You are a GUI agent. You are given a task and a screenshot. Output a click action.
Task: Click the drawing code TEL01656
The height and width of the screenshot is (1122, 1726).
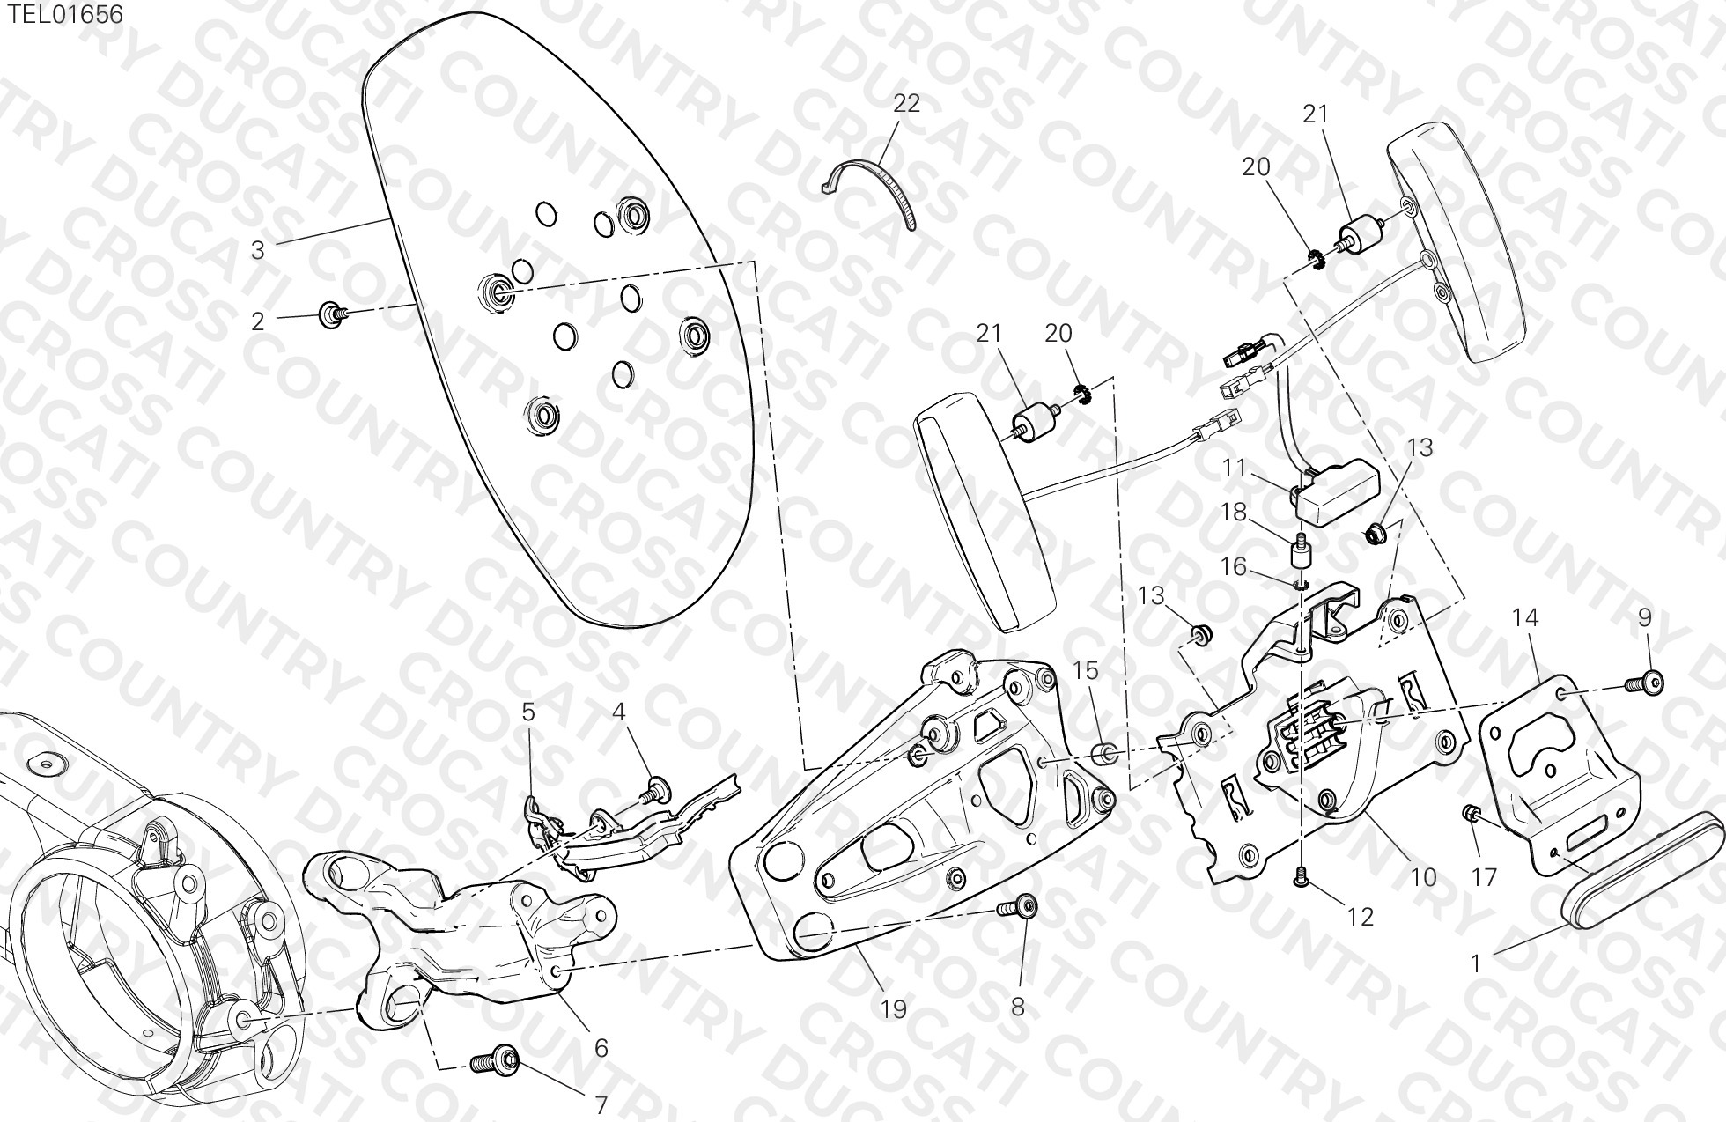pyautogui.click(x=65, y=14)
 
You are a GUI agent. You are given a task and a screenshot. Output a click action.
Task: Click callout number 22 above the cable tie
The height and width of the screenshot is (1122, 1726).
pyautogui.click(x=906, y=104)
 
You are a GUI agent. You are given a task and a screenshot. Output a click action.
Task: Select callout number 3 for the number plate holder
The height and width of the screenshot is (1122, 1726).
pyautogui.click(x=257, y=250)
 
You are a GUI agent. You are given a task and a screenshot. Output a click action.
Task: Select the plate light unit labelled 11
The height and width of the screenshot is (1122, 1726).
pyautogui.click(x=1334, y=493)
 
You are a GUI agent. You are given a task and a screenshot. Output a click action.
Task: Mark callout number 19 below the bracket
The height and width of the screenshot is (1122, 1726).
pyautogui.click(x=893, y=1008)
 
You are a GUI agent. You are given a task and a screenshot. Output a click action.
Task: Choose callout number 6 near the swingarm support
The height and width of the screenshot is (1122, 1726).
pyautogui.click(x=601, y=1048)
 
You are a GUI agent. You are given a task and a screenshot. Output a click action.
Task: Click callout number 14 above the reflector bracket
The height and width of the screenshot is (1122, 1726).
pyautogui.click(x=1525, y=618)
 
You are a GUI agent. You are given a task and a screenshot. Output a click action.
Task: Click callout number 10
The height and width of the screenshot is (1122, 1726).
pyautogui.click(x=1423, y=877)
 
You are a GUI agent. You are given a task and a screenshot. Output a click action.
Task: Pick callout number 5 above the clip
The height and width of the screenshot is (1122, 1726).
pyautogui.click(x=527, y=712)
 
